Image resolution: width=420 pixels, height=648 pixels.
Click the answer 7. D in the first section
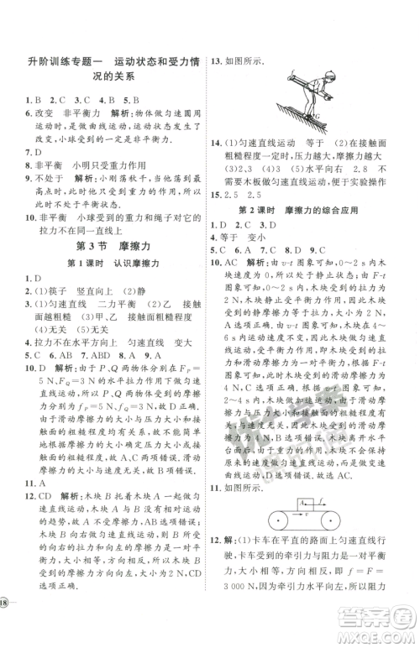(x=34, y=152)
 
